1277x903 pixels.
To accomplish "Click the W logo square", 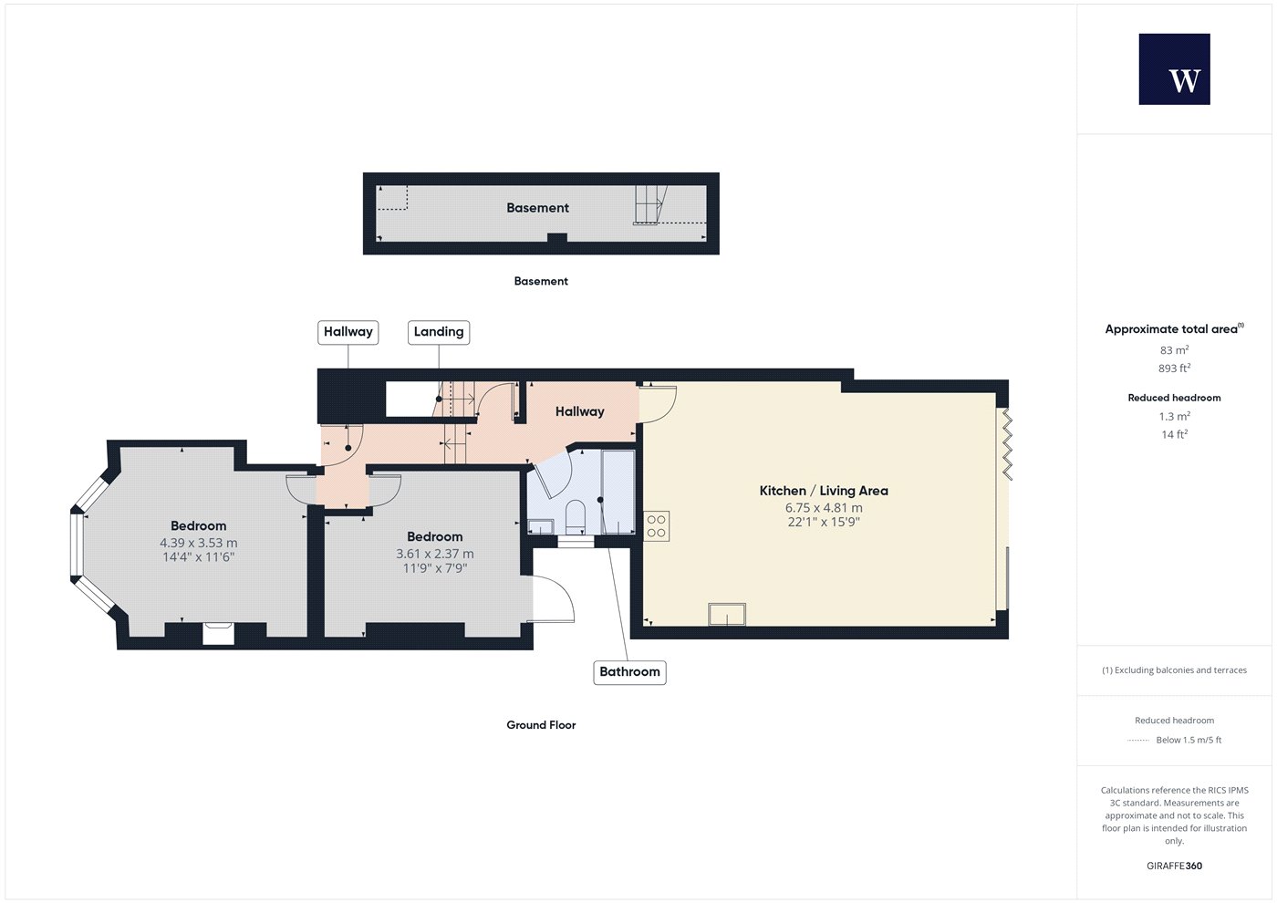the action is [x=1175, y=69].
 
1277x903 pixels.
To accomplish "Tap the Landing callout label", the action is [x=439, y=332].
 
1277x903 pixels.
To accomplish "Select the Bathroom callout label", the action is [x=630, y=672].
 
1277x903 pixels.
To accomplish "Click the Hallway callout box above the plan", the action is [x=348, y=332].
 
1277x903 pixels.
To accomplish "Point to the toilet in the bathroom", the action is [x=576, y=517].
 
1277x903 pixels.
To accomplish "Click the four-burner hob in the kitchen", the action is [x=657, y=526].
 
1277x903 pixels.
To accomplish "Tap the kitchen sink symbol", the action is [x=727, y=614].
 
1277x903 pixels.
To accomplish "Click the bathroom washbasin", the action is [x=540, y=527].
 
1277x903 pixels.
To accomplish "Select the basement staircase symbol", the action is [x=650, y=204].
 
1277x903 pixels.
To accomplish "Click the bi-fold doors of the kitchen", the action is [x=1007, y=445].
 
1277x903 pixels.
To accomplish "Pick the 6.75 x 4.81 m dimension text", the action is [x=824, y=507].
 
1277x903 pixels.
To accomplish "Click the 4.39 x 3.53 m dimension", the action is [x=199, y=543].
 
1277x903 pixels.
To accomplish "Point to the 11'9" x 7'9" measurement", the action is [x=435, y=567].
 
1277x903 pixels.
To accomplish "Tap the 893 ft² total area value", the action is [x=1175, y=368].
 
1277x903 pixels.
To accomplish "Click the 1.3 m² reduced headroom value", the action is [x=1175, y=416].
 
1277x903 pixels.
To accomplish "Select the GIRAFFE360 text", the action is [x=1175, y=866].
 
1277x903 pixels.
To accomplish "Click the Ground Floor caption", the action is [x=541, y=725].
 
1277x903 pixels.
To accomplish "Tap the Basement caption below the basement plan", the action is [x=541, y=281].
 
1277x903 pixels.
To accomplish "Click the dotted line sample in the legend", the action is [x=1138, y=740].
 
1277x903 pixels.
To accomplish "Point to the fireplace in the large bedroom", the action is [x=218, y=633].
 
